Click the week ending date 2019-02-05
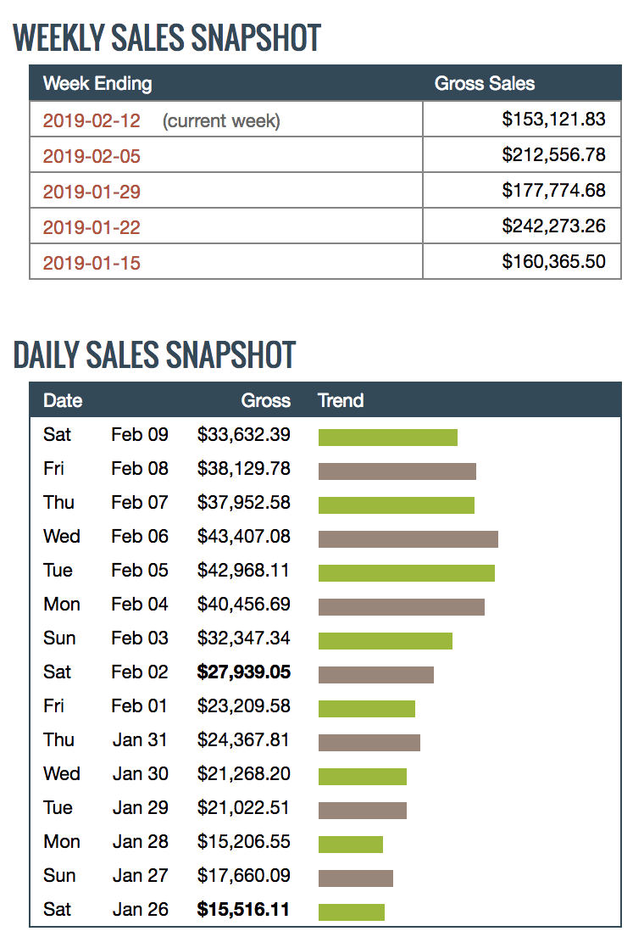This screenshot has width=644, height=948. click(92, 156)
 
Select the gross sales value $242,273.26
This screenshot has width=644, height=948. click(553, 226)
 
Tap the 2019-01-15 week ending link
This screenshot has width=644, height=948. click(92, 263)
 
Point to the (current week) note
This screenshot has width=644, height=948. click(221, 121)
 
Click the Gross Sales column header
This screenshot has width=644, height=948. click(484, 84)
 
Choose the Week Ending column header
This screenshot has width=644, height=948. click(97, 84)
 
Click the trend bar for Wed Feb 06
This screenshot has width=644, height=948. click(408, 539)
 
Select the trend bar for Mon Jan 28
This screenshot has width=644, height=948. click(350, 845)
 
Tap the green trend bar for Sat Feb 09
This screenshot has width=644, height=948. click(387, 438)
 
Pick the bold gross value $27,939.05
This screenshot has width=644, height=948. click(244, 672)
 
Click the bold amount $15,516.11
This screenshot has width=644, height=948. click(244, 910)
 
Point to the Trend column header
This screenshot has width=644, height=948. click(341, 401)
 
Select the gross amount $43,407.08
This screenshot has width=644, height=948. click(244, 537)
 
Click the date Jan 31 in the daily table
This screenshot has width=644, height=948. click(140, 740)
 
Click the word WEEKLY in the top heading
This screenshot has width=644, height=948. click(64, 38)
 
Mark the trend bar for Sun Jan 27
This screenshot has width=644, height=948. click(355, 878)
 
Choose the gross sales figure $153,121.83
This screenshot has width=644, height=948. click(553, 120)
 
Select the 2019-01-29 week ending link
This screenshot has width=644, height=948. click(92, 192)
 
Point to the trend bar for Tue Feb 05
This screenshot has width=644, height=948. click(406, 573)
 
